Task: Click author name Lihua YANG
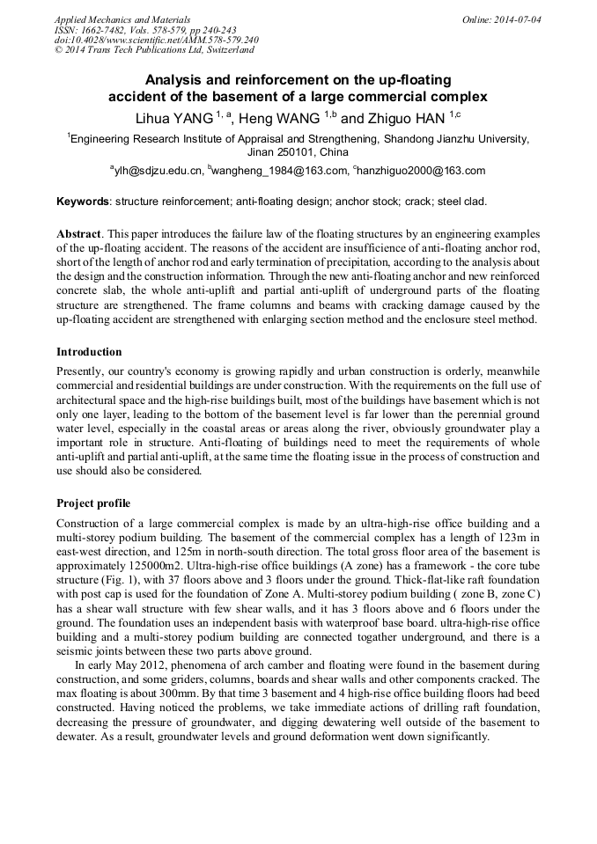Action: click(x=173, y=118)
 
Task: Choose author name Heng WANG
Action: click(x=281, y=118)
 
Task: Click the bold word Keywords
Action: click(x=84, y=202)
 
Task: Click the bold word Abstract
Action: click(x=79, y=235)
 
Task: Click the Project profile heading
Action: click(x=93, y=503)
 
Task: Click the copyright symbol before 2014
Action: click(x=59, y=51)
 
